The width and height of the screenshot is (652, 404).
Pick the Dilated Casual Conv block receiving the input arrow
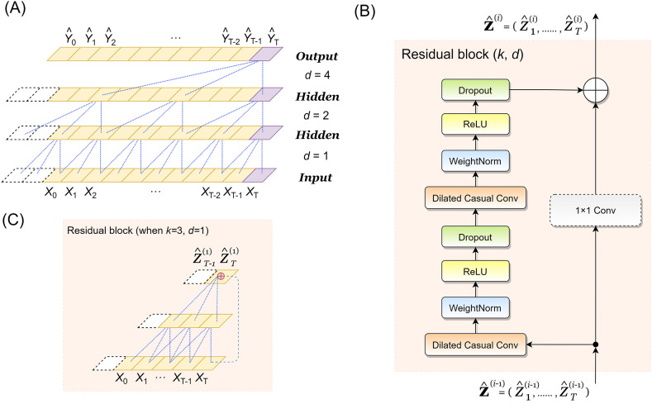click(478, 343)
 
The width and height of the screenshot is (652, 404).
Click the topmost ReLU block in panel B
click(478, 125)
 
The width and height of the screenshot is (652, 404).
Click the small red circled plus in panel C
click(220, 275)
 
